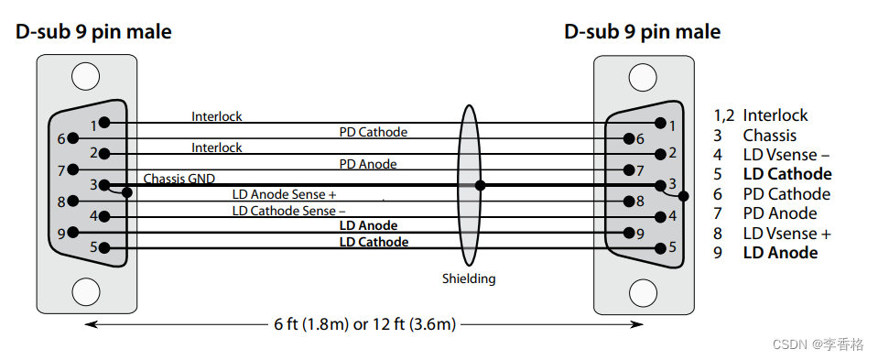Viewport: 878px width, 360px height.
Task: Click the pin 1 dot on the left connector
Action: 105,122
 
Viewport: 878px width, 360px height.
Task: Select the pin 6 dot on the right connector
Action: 628,138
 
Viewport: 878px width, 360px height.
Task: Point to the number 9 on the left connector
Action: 61,233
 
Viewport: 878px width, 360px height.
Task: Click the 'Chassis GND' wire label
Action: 179,178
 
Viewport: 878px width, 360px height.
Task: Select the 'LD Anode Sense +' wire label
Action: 284,194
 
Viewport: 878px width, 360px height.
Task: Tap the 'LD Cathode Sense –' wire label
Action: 284,211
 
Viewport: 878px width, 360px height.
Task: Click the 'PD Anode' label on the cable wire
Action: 367,163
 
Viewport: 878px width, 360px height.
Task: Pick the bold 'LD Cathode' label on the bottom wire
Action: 374,242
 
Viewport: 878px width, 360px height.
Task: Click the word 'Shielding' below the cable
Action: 469,278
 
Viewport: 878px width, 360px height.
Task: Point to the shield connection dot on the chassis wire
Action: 480,185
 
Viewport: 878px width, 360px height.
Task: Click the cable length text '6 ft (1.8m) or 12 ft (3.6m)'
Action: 364,324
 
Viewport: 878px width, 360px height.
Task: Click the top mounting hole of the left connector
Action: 85,76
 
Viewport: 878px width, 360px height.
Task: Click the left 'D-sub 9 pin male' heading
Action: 93,32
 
